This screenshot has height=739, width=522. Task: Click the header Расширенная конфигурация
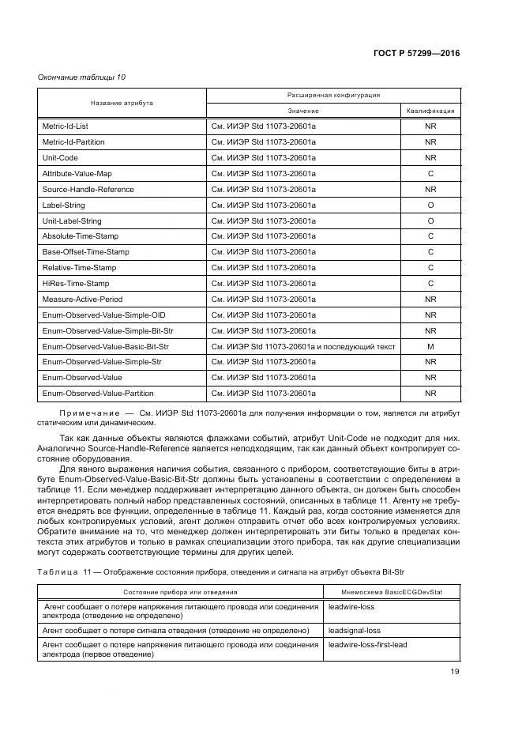point(333,95)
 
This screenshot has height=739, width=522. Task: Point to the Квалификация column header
point(430,111)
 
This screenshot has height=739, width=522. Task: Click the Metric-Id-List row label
point(66,126)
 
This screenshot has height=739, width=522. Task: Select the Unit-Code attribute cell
point(60,158)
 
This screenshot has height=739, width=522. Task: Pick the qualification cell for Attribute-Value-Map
point(430,173)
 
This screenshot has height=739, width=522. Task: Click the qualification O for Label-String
point(430,205)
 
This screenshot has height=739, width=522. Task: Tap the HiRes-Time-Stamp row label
point(76,283)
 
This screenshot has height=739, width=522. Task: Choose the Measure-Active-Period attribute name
point(82,299)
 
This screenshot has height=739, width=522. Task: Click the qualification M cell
point(430,346)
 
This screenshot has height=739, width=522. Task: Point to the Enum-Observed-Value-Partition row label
point(98,393)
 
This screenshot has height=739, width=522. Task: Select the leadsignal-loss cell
point(355,631)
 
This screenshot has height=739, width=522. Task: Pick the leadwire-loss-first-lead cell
point(368,646)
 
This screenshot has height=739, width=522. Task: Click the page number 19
point(455,673)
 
